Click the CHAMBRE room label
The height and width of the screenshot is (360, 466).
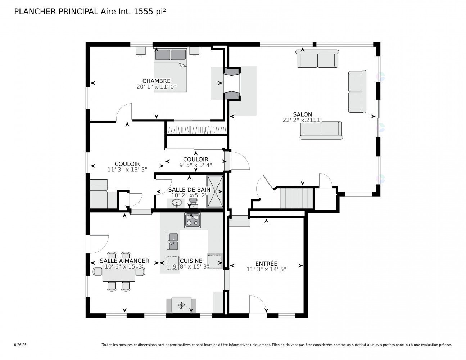156,81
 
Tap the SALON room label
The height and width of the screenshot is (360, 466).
302,114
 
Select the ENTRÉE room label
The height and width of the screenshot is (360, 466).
266,264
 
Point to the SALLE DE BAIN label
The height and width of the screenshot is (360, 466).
189,190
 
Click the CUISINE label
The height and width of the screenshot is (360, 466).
191,261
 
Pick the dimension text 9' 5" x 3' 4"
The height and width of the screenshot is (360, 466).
196,165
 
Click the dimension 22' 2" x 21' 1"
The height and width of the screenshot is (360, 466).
302,120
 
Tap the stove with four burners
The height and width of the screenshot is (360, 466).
193,220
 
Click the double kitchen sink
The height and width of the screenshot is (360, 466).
172,241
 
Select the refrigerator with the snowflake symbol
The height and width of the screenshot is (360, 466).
181,305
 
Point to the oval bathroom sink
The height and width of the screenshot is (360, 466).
177,203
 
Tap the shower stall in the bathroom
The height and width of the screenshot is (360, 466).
215,192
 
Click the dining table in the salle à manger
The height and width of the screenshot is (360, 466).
119,275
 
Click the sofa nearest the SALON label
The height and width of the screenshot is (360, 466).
321,130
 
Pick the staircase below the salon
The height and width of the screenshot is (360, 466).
297,198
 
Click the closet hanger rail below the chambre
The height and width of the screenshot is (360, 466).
196,130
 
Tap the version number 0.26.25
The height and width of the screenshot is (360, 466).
21,345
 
